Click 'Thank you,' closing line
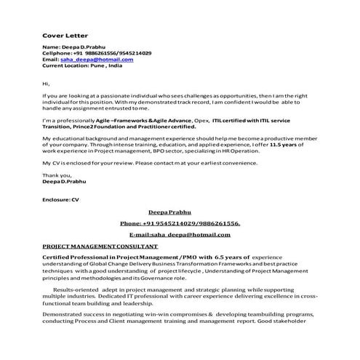pos(57,175)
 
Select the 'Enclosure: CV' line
pos(60,199)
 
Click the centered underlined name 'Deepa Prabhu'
pos(179,212)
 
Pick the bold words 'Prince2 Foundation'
pos(92,125)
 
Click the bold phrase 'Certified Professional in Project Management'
pos(109,257)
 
